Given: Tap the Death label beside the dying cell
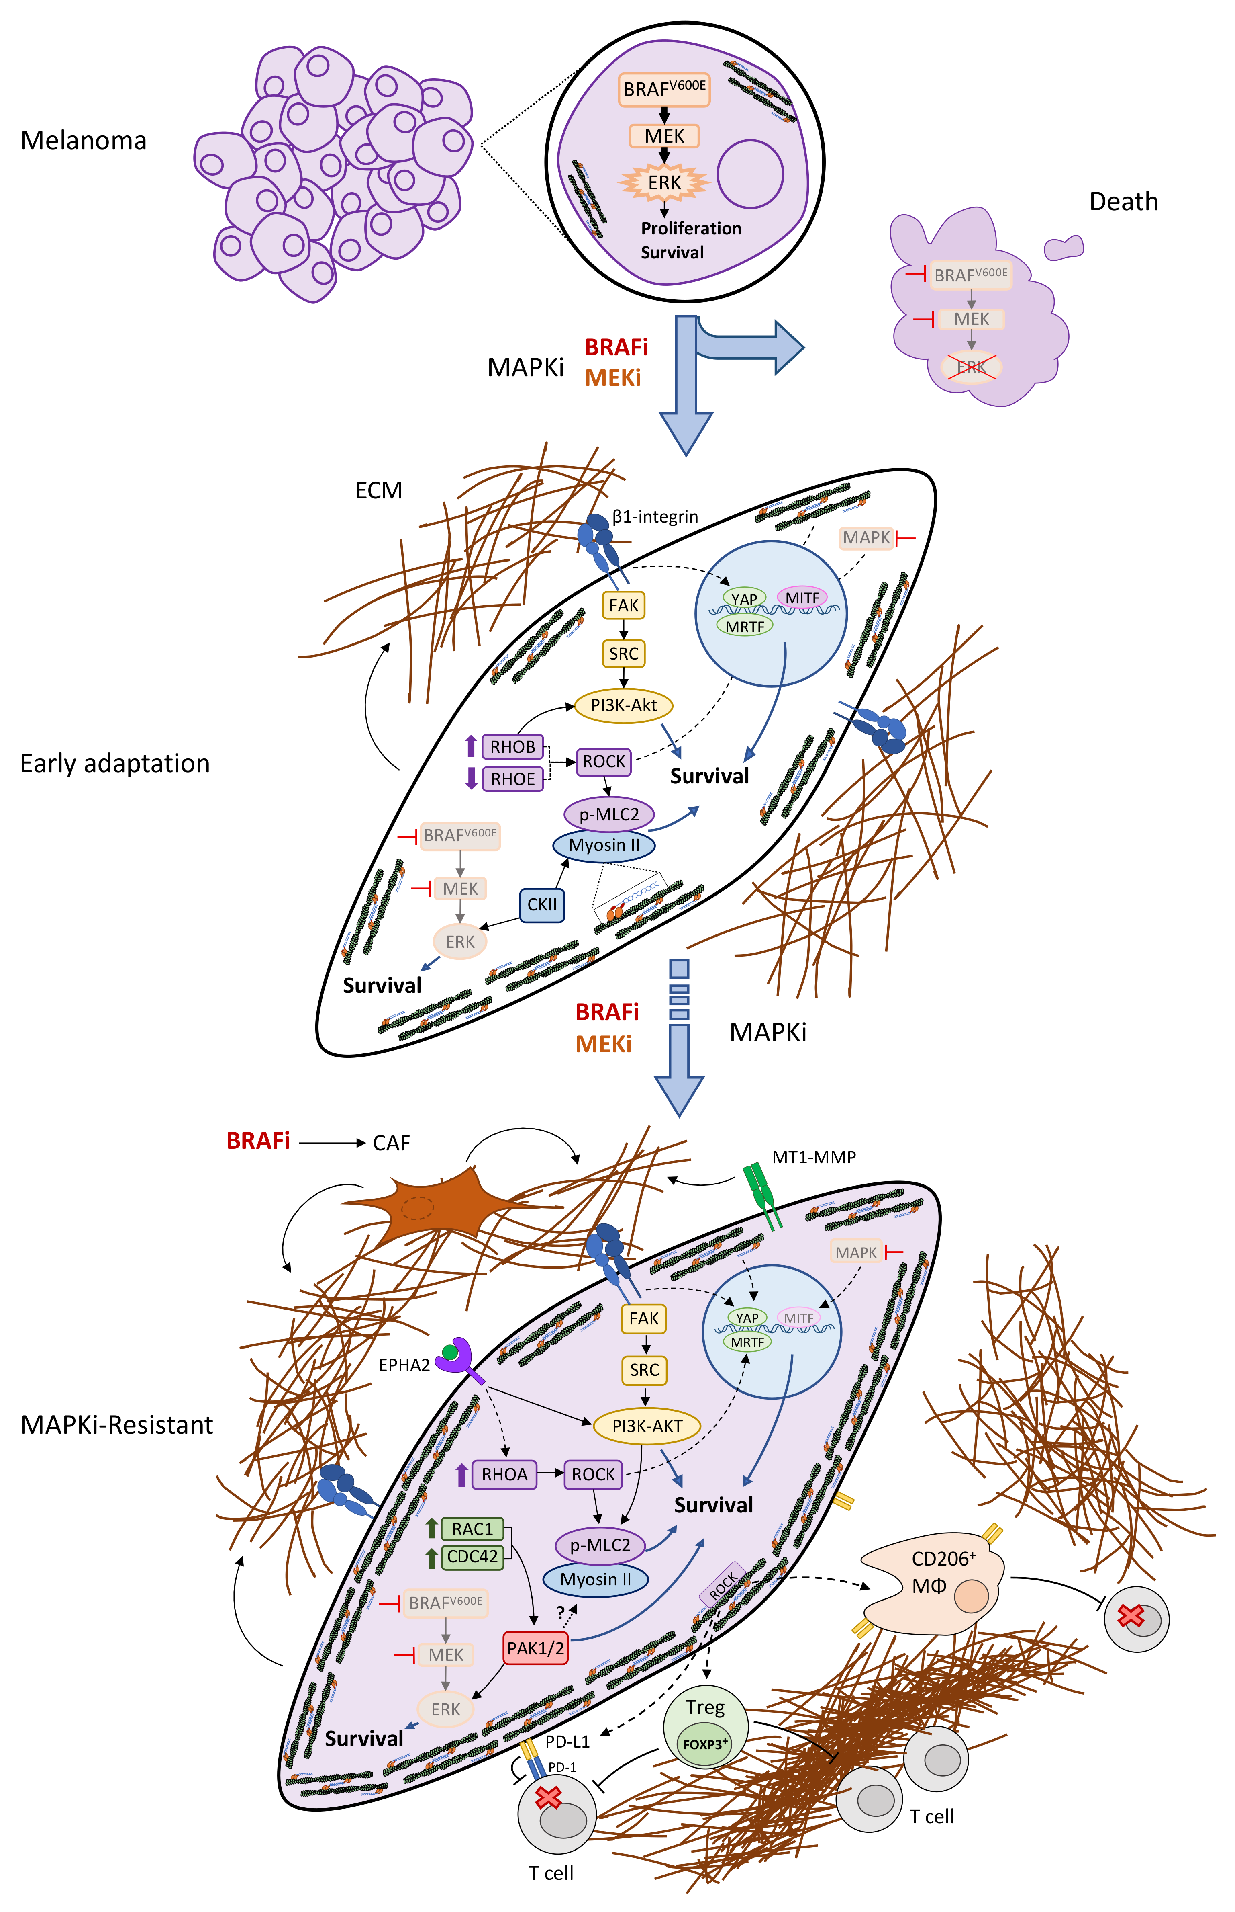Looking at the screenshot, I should tap(1123, 201).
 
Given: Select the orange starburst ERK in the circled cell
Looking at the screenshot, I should tap(664, 183).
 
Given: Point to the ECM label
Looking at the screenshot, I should tap(378, 490).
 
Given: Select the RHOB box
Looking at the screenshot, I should tap(512, 747).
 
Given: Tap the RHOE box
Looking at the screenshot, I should tap(512, 778).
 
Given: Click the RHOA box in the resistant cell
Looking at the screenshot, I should tap(504, 1475).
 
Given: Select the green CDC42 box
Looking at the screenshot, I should tap(472, 1557).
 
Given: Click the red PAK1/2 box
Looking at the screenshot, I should tap(535, 1648).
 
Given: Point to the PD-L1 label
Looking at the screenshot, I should tap(567, 1741).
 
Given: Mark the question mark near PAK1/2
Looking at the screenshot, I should tap(561, 1613).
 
